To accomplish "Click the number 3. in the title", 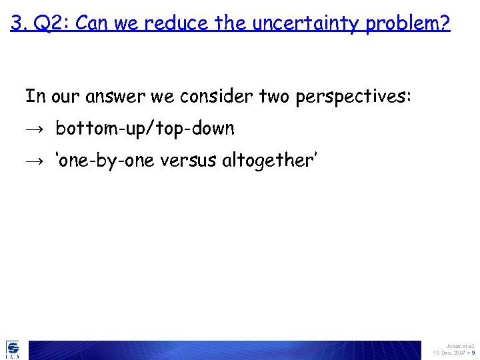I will [x=19, y=24].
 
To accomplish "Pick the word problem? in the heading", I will [x=413, y=25].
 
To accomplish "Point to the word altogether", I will [x=264, y=161].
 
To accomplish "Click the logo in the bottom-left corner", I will [x=13, y=349].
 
